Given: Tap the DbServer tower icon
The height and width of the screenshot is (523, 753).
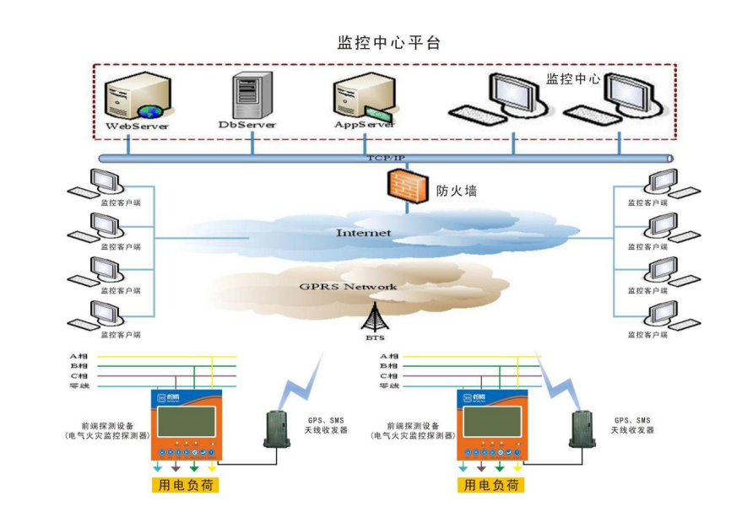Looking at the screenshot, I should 251,94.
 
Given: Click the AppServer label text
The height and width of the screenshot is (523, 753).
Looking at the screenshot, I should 365,125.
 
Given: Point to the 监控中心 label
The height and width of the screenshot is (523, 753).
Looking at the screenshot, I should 573,78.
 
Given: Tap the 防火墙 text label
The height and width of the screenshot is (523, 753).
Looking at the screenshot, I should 457,191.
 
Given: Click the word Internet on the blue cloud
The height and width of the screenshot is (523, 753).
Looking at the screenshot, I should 363,233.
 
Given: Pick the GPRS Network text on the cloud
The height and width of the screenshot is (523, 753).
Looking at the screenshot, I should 348,287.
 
